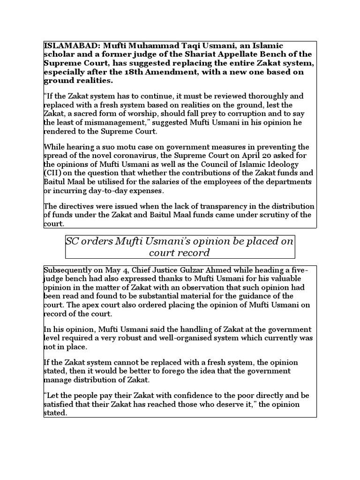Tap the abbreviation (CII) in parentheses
point(53,173)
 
